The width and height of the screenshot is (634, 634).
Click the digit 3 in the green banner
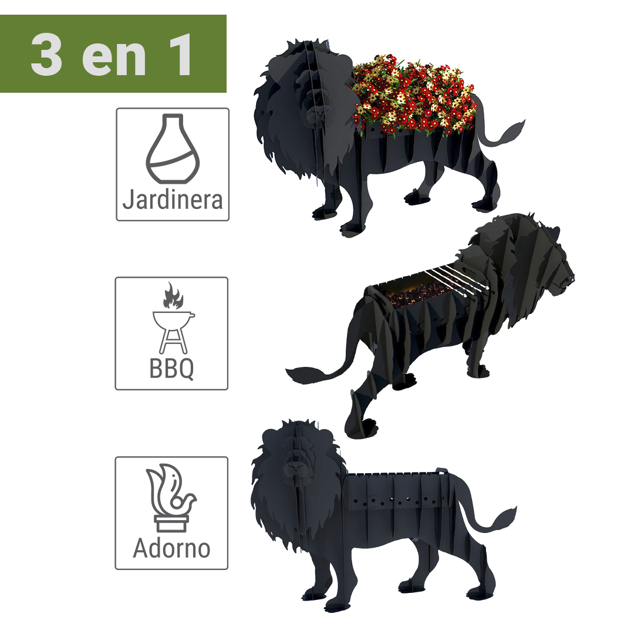tap(46, 55)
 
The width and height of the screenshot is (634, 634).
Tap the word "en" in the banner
tap(114, 59)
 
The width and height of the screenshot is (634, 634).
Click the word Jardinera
tap(173, 200)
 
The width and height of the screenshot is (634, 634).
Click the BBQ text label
tap(171, 368)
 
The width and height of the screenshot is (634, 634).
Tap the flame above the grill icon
tap(173, 295)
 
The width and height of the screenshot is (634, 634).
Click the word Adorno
tap(171, 548)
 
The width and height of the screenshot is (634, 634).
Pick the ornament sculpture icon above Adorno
tap(171, 497)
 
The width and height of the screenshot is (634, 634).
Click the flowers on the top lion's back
tap(414, 96)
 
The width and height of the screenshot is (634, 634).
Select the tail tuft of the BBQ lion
tap(304, 375)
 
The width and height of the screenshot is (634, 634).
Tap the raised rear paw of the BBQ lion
tap(361, 428)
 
